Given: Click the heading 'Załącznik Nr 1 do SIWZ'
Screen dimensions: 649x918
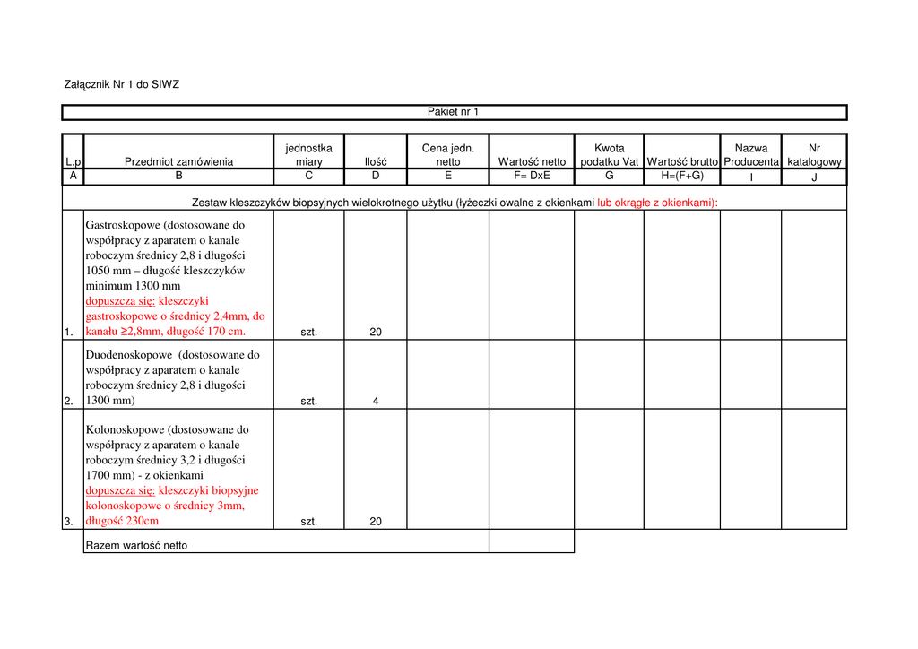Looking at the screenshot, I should pos(122,85).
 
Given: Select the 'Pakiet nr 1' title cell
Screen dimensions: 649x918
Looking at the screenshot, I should pos(453,112).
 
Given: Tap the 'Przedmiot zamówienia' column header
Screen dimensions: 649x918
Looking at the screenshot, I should pos(178,161).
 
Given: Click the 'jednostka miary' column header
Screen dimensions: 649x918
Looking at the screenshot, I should pos(308,154).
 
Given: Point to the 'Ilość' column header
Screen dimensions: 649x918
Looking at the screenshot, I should pos(376,161).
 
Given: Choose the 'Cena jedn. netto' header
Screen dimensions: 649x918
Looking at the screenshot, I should pos(448,154).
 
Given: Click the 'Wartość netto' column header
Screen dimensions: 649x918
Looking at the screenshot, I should pos(532,161).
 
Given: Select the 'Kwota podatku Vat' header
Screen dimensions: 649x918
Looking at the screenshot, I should pos(609,154).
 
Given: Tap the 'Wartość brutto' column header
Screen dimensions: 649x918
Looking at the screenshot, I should pos(682,161).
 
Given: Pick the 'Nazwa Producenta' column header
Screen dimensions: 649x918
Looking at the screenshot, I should pos(751,154).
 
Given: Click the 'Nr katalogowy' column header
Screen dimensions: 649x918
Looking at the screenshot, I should pos(814,154).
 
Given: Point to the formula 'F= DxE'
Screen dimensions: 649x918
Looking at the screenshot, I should pos(532,176).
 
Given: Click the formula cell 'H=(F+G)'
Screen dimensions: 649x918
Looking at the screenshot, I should pos(682,176).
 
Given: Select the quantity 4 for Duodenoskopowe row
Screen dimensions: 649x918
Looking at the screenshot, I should pos(376,402).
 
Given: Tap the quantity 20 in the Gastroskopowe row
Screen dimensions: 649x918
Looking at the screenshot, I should pos(376,333).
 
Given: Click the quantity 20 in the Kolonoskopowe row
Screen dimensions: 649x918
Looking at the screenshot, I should pos(376,522).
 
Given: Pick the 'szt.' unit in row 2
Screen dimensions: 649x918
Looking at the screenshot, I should pos(308,402).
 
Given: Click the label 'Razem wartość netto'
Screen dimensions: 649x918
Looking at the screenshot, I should pos(136,545).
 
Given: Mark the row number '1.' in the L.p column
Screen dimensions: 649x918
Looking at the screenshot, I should pos(69,333).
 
